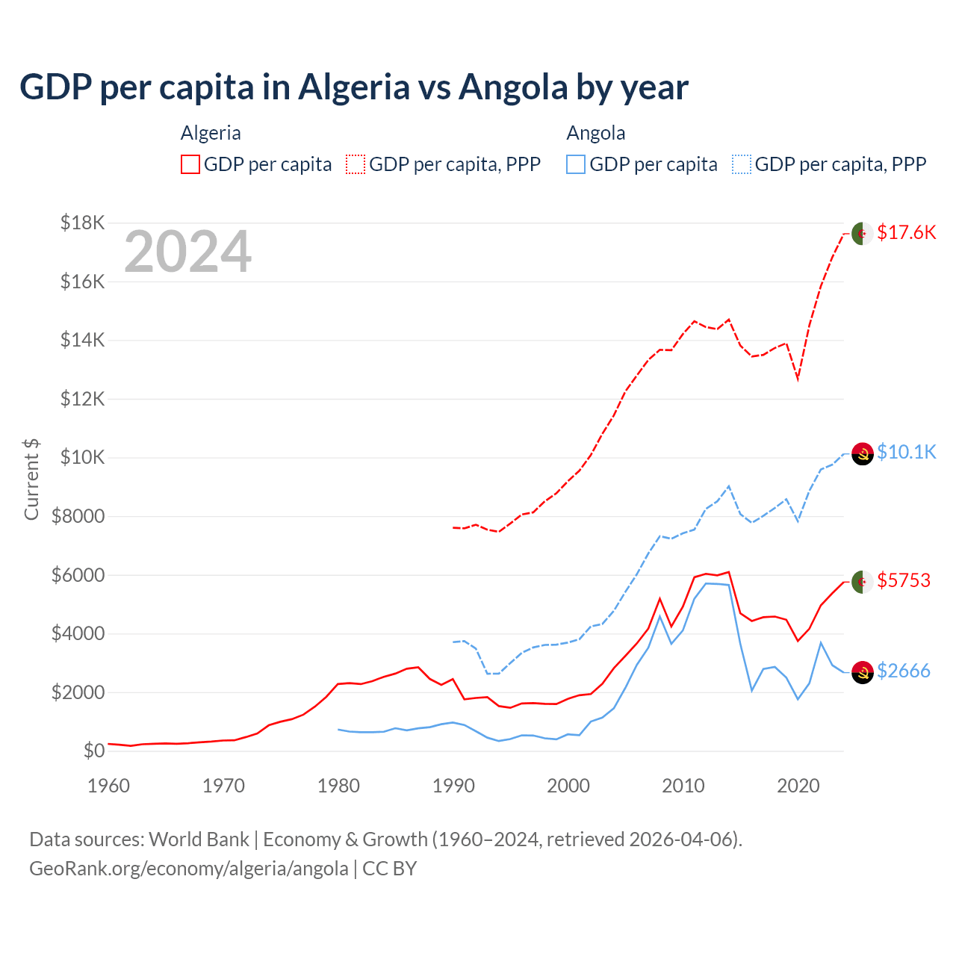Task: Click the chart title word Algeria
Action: tap(354, 87)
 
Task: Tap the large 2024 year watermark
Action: tap(187, 252)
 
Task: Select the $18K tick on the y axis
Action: tap(82, 223)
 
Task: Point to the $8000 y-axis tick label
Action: tap(78, 516)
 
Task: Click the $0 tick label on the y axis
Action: tap(93, 751)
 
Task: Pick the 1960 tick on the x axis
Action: tap(109, 786)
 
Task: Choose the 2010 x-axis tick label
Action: tap(683, 786)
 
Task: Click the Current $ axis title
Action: tap(31, 479)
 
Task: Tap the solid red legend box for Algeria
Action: tap(190, 164)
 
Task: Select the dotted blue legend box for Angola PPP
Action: tap(742, 164)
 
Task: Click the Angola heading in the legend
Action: tap(595, 133)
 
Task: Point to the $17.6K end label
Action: tap(906, 232)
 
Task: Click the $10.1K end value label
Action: tap(906, 452)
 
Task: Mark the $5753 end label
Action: tap(903, 580)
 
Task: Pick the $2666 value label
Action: tap(903, 671)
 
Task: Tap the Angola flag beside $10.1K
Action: tap(863, 453)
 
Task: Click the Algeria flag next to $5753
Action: tap(863, 582)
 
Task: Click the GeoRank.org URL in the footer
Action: tap(188, 869)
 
